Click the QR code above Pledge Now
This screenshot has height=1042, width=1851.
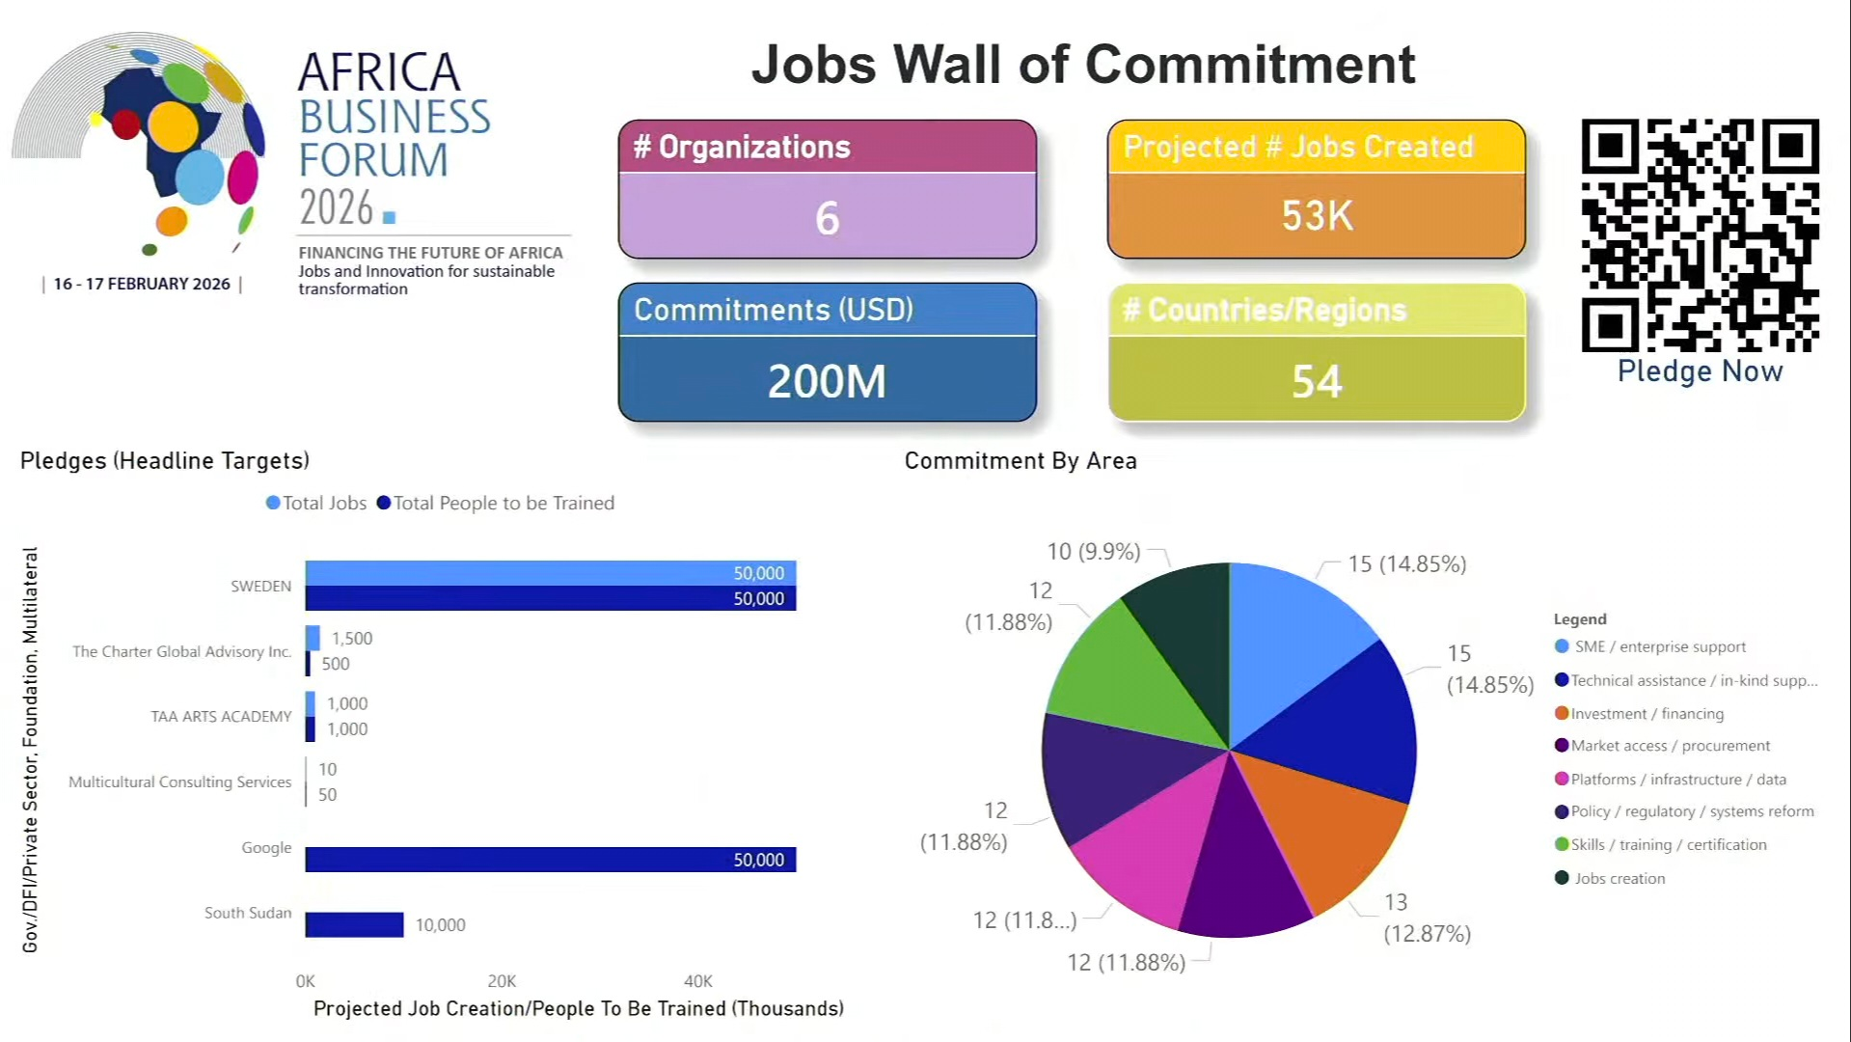point(1700,235)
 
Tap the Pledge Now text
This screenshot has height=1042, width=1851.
point(1700,371)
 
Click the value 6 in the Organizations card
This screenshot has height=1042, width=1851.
point(827,218)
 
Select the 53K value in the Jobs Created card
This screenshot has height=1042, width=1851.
point(1317,215)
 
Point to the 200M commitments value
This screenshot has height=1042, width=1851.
point(827,381)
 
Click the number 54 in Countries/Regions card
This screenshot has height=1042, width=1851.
point(1317,381)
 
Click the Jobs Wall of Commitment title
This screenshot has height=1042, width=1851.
point(1082,65)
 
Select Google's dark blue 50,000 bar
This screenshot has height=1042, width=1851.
point(550,860)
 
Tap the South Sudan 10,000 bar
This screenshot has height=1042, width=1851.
point(354,924)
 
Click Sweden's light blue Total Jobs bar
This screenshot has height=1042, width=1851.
point(550,573)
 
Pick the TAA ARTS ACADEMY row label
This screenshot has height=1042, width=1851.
point(221,716)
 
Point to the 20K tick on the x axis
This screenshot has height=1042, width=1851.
point(502,981)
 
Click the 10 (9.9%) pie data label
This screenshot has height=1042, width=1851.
point(1094,552)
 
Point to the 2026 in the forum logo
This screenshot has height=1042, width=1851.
point(337,208)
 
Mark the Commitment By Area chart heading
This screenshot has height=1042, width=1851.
point(1021,461)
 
